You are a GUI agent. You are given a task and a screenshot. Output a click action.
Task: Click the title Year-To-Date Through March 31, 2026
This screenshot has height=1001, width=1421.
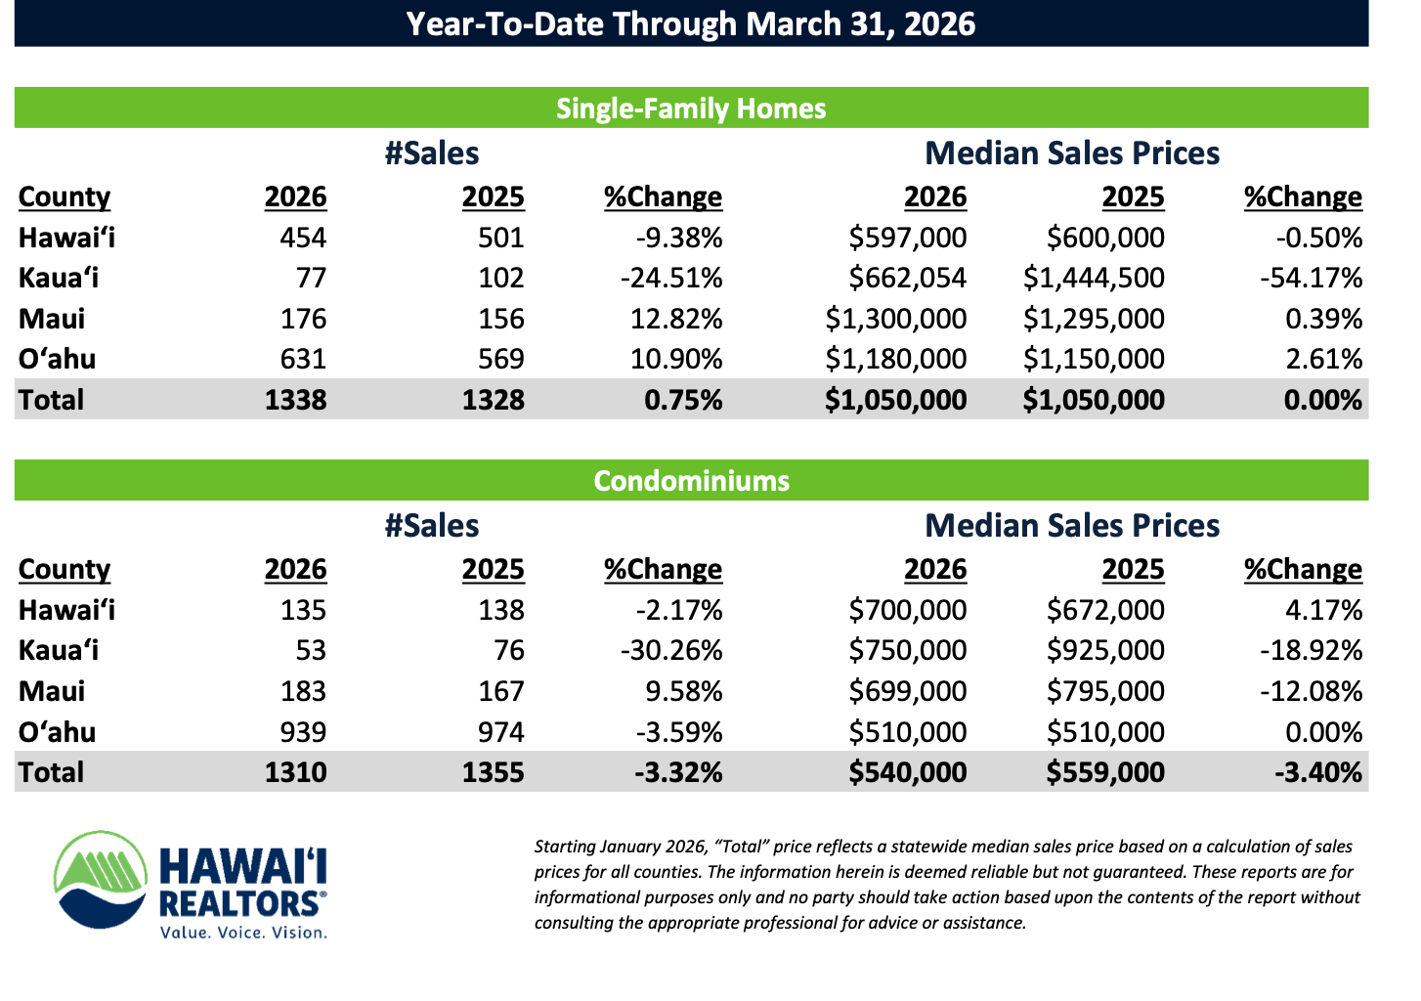pyautogui.click(x=691, y=23)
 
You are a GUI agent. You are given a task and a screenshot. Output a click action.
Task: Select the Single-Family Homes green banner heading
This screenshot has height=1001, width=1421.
pyautogui.click(x=691, y=108)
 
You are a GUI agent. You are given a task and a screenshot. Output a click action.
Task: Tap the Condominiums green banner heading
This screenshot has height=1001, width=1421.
pyautogui.click(x=691, y=480)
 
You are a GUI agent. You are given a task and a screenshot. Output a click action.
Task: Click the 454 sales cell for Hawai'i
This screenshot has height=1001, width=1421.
pyautogui.click(x=303, y=238)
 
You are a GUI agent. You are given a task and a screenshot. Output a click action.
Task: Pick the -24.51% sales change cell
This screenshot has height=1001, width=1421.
pyautogui.click(x=671, y=278)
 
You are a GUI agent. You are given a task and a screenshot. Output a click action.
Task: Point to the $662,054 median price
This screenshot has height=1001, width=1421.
pyautogui.click(x=907, y=278)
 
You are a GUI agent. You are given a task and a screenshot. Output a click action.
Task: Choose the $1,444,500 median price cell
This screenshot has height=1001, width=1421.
pyautogui.click(x=1094, y=278)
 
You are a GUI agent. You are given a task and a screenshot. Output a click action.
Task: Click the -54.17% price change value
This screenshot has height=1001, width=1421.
pyautogui.click(x=1311, y=278)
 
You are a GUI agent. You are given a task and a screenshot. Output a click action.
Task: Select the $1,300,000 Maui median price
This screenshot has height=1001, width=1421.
pyautogui.click(x=895, y=319)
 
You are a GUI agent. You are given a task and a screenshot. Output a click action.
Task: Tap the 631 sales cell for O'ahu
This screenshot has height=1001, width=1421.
pyautogui.click(x=303, y=359)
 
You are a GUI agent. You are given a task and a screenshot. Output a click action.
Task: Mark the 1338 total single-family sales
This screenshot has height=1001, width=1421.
pyautogui.click(x=295, y=400)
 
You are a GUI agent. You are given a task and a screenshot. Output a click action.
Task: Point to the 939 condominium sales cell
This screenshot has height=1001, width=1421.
pyautogui.click(x=303, y=731)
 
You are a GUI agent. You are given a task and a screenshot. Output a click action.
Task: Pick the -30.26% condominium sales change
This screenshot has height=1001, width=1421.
pyautogui.click(x=671, y=650)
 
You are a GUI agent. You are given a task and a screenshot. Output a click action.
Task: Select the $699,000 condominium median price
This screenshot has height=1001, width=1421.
pyautogui.click(x=907, y=691)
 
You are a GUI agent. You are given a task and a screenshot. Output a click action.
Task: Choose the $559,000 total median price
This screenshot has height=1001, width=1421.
pyautogui.click(x=1104, y=772)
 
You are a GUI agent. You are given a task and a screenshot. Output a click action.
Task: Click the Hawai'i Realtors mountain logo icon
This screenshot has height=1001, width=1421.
pyautogui.click(x=101, y=879)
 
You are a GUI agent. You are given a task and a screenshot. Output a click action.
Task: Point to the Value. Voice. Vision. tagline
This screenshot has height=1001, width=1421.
pyautogui.click(x=243, y=933)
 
